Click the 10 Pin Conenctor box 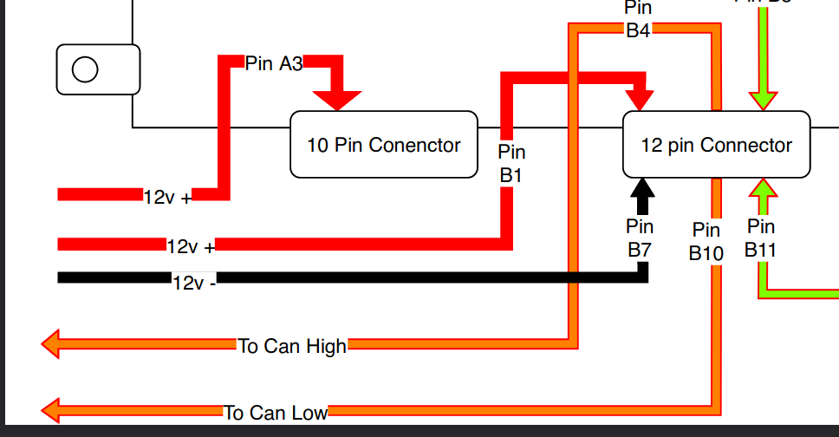click(383, 145)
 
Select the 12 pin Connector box click(716, 145)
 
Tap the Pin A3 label click(273, 63)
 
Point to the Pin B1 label click(511, 163)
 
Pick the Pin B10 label click(706, 242)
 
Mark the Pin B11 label click(760, 238)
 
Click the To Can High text click(292, 346)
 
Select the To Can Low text click(276, 413)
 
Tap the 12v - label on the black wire click(194, 283)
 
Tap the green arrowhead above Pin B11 click(763, 186)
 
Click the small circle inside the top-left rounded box click(85, 69)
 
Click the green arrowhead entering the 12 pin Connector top click(763, 99)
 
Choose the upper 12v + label click(168, 197)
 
